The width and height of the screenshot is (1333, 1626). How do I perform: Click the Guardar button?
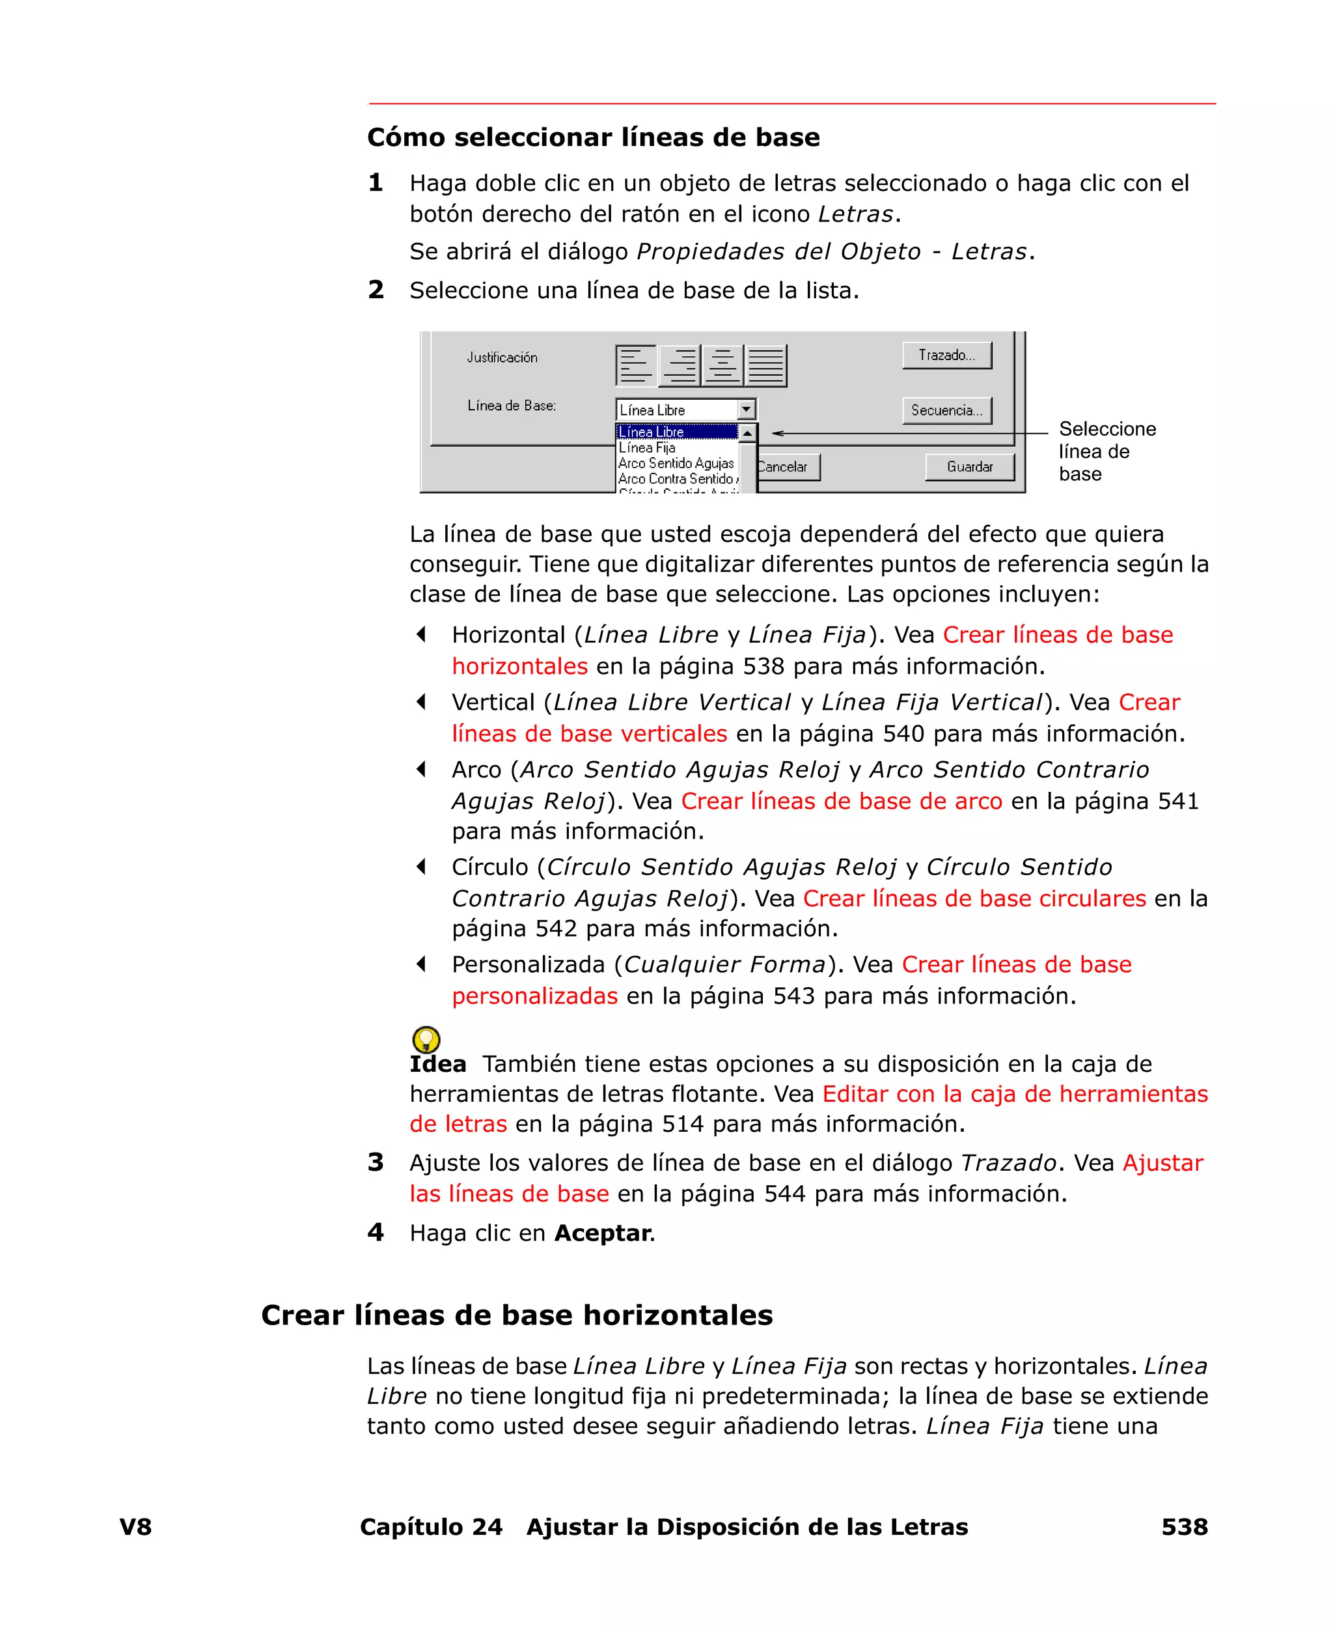tap(969, 467)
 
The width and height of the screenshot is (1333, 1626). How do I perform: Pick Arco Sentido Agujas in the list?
tap(676, 463)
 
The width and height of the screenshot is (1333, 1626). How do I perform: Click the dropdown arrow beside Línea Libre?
tap(747, 410)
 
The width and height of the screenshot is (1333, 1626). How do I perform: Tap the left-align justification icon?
tap(636, 365)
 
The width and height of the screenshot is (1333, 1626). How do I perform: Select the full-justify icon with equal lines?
tap(765, 365)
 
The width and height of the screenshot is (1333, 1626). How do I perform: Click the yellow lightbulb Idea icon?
tap(426, 1039)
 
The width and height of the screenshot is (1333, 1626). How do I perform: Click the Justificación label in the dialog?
tap(502, 357)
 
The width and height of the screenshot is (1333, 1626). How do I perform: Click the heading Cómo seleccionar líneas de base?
tap(593, 137)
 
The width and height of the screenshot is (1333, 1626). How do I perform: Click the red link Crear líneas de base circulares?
tap(974, 898)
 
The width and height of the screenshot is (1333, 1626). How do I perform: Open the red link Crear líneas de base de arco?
tap(841, 800)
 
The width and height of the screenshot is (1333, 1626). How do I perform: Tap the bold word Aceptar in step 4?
tap(603, 1233)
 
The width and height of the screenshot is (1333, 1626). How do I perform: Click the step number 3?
tap(376, 1162)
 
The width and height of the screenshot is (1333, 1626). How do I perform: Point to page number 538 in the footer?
tap(1184, 1526)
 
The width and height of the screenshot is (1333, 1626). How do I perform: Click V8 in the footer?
tap(135, 1526)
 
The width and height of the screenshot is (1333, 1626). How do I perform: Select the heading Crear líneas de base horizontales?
tap(516, 1315)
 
